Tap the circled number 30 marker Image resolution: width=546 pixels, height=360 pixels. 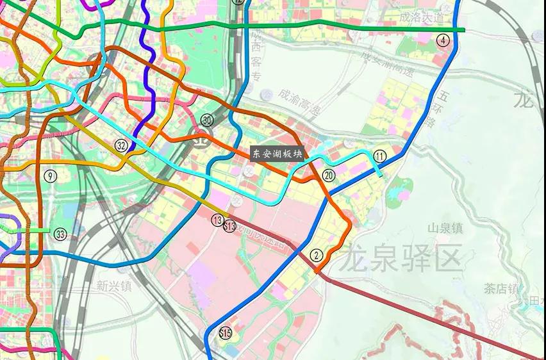207,120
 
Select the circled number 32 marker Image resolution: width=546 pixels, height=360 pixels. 121,145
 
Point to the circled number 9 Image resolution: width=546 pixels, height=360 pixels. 51,176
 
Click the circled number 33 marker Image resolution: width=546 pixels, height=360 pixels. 60,233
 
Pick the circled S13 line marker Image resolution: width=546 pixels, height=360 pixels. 230,225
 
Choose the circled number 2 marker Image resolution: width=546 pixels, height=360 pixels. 315,254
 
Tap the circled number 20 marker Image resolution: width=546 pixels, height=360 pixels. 329,175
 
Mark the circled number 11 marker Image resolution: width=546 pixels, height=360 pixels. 380,156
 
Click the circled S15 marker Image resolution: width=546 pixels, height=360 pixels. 225,332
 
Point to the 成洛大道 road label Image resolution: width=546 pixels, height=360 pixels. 420,17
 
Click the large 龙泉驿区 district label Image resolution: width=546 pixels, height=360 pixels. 401,259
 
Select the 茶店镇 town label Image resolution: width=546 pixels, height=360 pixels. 501,288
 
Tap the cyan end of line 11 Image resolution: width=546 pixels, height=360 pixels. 382,175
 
